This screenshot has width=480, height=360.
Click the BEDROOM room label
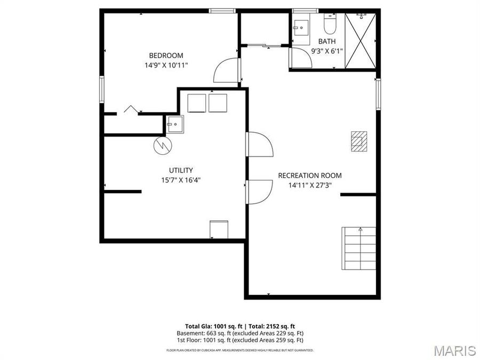[x=166, y=55]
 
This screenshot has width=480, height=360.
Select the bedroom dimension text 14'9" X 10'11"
[x=166, y=65]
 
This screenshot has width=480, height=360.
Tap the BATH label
[x=327, y=42]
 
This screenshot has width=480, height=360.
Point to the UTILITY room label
[x=181, y=170]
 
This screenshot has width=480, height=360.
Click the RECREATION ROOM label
[x=310, y=175]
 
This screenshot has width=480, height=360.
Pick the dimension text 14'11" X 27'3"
[x=310, y=186]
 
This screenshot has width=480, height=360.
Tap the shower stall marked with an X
[x=361, y=41]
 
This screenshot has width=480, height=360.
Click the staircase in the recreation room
[x=359, y=249]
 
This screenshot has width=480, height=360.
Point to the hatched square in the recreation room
[x=358, y=141]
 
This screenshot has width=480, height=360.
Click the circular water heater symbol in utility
[x=161, y=145]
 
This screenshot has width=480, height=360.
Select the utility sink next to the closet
[x=174, y=124]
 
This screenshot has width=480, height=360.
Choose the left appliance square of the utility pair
[x=197, y=103]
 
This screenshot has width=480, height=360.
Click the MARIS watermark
[x=454, y=350]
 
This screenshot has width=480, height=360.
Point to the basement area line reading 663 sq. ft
[x=240, y=333]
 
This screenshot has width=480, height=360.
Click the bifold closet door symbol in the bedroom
[x=131, y=109]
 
